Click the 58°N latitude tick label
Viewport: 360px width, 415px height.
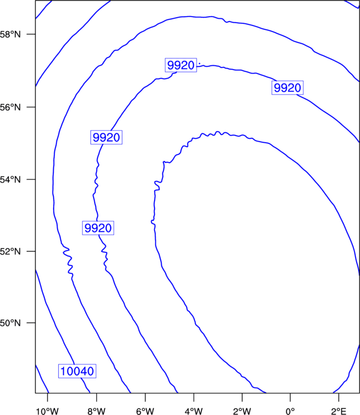[10, 34]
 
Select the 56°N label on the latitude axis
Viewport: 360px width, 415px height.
[10, 107]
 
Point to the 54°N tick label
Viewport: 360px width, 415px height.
[10, 179]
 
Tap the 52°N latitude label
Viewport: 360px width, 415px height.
[10, 251]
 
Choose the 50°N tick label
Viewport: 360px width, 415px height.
[10, 323]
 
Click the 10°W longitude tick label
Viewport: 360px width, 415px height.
[47, 411]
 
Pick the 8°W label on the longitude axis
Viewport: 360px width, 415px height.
[96, 411]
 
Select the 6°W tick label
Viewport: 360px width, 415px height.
[145, 411]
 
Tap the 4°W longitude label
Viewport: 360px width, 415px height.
[194, 411]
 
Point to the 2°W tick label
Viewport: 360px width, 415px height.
[242, 411]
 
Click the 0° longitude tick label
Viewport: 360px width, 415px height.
[290, 411]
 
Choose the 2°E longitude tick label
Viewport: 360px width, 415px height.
[339, 411]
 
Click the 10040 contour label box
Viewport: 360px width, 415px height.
[77, 371]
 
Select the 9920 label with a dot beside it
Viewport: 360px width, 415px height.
[181, 65]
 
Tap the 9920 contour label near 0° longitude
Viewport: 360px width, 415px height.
[287, 87]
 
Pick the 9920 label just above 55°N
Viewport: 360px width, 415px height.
[106, 137]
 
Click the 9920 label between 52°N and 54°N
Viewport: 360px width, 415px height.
[98, 228]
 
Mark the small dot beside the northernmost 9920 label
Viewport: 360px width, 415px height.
[199, 63]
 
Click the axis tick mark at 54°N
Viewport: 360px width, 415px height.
[32, 179]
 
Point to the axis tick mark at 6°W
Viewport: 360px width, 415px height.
[145, 397]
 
